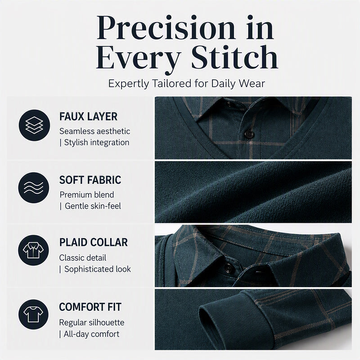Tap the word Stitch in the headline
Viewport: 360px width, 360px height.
(x=234, y=58)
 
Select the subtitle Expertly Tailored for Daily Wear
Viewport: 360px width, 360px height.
(x=186, y=84)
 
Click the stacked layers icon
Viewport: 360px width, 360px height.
(x=34, y=126)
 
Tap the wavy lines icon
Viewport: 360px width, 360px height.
(x=33, y=188)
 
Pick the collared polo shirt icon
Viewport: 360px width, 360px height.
(x=33, y=250)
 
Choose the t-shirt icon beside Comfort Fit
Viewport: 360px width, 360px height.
(x=33, y=315)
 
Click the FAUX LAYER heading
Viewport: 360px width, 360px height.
(x=88, y=117)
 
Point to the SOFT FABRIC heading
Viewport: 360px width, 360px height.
(x=90, y=180)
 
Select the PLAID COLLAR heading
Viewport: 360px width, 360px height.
(x=94, y=243)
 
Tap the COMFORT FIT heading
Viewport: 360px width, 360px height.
(x=90, y=307)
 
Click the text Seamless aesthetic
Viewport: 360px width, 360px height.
(x=94, y=131)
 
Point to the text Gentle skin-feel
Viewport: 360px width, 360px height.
(x=93, y=206)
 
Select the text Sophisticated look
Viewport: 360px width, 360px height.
(x=98, y=269)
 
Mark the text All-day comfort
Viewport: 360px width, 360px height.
(x=92, y=334)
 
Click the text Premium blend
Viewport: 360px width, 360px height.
(x=87, y=195)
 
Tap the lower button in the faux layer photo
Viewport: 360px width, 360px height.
(x=249, y=134)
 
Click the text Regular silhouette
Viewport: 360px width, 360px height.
(x=92, y=323)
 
